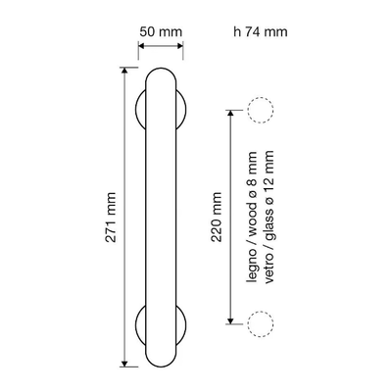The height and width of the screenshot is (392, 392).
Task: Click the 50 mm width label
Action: coord(161,32)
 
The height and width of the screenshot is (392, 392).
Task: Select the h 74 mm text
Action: coord(261,32)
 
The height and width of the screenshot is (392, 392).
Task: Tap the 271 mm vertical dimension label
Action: coord(111,218)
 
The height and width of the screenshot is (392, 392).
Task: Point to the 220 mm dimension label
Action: coord(217,217)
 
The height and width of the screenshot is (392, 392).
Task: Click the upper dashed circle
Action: coord(261,98)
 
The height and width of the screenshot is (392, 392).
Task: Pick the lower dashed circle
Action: coord(261,311)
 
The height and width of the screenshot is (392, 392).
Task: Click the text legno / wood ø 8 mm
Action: coord(252,217)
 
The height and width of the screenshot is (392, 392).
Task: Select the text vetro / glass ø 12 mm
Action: coord(269,217)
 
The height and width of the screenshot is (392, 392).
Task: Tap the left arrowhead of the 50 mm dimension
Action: coord(141,46)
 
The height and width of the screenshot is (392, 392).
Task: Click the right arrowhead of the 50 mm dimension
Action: coord(180,46)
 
